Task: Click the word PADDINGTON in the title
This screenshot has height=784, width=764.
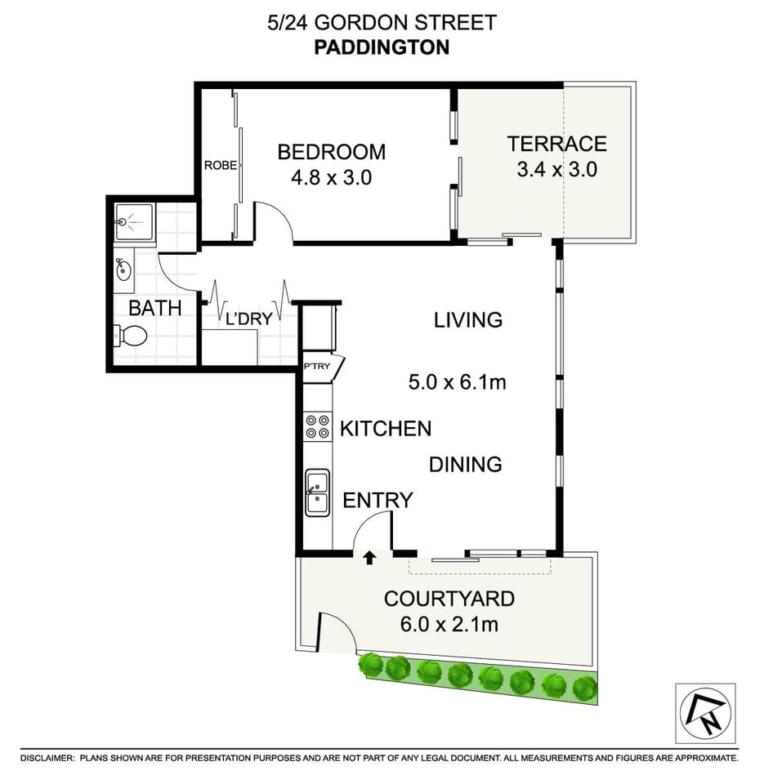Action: pos(382,47)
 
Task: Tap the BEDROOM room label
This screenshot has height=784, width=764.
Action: pos(331,152)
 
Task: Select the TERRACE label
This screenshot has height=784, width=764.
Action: pos(556,144)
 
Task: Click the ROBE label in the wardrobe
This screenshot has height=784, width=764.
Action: pos(221,165)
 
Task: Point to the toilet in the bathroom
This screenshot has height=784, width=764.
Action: pos(132,335)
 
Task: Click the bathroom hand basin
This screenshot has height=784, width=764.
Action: pos(125,269)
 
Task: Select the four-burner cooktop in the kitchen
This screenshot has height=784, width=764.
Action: pos(317,426)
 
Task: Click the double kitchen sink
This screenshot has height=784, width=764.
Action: pos(317,492)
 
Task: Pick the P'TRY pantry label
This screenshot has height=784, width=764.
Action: pos(317,366)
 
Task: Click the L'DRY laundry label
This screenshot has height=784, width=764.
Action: pos(248,319)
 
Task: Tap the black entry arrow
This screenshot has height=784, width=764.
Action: pos(369,558)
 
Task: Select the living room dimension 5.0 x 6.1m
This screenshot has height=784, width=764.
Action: pos(458,381)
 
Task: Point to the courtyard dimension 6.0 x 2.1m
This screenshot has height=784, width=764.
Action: pos(449,625)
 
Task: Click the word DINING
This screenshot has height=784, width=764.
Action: pos(465,465)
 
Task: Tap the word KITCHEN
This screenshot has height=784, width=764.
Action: pos(385,428)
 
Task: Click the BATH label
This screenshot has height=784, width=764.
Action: pos(154,309)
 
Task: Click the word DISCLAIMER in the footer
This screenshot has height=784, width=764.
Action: pos(47,758)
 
